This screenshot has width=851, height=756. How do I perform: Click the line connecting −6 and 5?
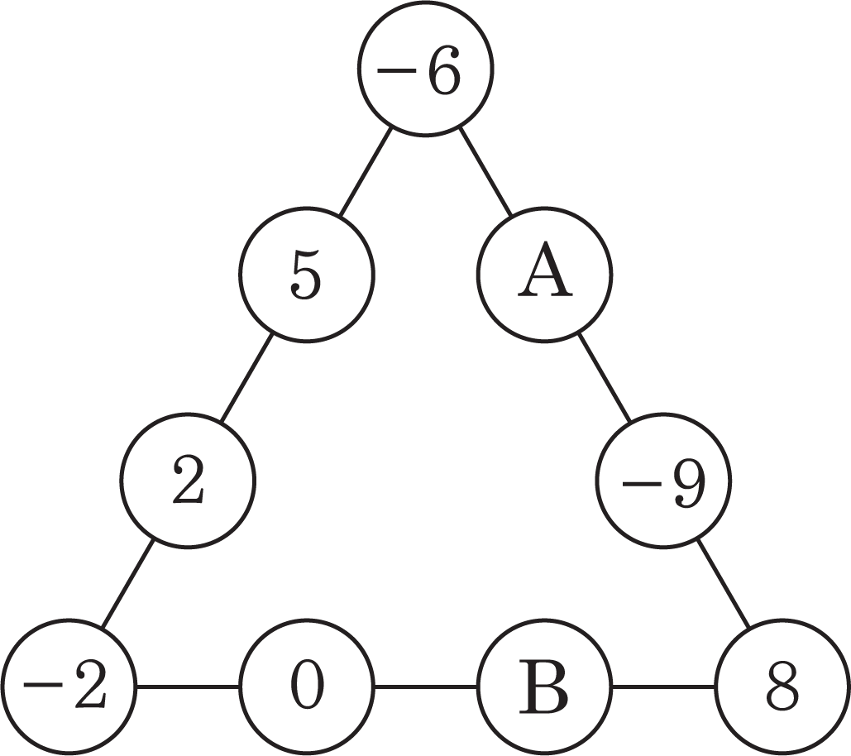point(366,171)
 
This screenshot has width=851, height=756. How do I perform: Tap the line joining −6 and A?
point(485,171)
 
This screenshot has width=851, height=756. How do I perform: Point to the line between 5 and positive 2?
point(247,378)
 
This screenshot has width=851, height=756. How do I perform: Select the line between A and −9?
point(604,378)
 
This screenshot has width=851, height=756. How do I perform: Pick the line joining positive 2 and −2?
point(127,584)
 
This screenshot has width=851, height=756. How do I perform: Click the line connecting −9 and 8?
point(724,584)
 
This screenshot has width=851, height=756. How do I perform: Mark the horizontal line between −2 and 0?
point(187,687)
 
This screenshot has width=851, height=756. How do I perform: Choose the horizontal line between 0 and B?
point(426,687)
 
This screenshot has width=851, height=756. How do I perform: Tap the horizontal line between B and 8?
point(664,687)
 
